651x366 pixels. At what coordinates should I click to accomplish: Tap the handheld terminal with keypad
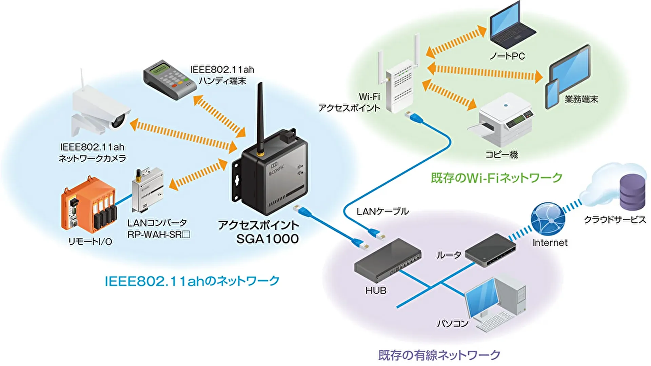tap(170, 80)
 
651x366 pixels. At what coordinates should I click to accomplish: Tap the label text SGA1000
tap(267, 239)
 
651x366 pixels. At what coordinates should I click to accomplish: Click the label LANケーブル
tap(382, 212)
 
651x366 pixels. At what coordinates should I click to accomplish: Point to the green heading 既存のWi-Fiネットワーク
tap(496, 178)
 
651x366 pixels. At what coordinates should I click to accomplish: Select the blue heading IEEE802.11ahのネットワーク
tap(192, 281)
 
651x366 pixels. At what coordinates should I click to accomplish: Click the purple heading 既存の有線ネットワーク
tap(439, 355)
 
